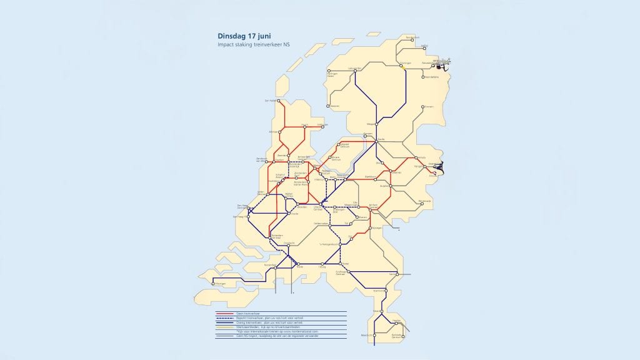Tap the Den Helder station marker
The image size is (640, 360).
point(279,101)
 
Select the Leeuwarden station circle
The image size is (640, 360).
point(356,71)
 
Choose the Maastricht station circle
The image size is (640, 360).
point(374,336)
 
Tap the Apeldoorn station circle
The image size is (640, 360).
point(377,177)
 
